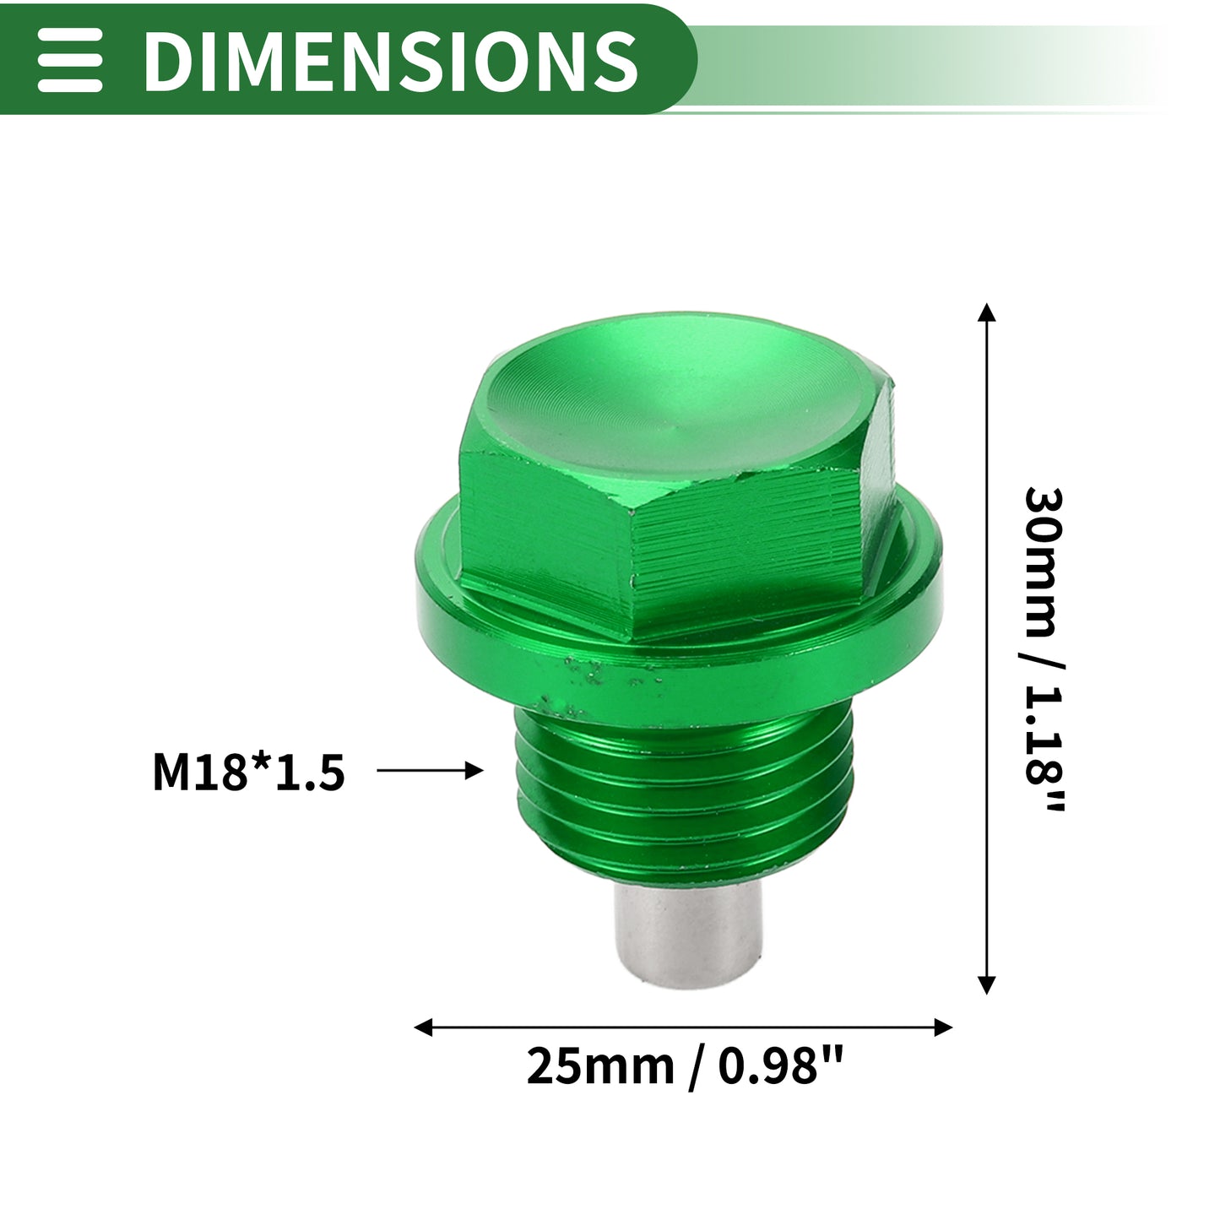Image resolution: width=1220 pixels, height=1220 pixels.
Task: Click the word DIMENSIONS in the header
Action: coord(391,60)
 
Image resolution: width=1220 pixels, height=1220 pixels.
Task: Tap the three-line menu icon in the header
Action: coord(69,60)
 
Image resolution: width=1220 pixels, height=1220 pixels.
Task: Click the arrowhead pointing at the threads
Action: coord(474,771)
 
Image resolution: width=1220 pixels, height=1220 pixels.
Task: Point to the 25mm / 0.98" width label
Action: coord(686,1067)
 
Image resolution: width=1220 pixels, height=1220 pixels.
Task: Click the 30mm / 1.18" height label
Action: coord(1044,649)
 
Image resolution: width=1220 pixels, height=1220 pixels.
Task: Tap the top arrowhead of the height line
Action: coord(987,312)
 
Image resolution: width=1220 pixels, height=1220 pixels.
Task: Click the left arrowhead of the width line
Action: coord(423,1028)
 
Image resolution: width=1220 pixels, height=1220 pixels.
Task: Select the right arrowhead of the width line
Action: coord(943,1028)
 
